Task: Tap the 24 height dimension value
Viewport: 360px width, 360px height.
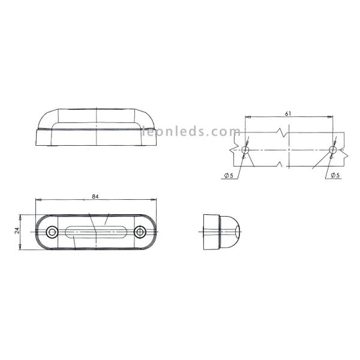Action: click(x=17, y=230)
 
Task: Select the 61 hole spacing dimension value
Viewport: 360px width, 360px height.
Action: click(x=289, y=113)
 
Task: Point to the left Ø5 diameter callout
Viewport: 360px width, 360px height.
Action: click(x=229, y=175)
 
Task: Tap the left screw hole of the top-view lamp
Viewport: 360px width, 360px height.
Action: click(x=52, y=231)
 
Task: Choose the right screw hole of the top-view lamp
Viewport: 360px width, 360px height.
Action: click(x=140, y=231)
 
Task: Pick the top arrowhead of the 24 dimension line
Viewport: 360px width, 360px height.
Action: click(x=21, y=215)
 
